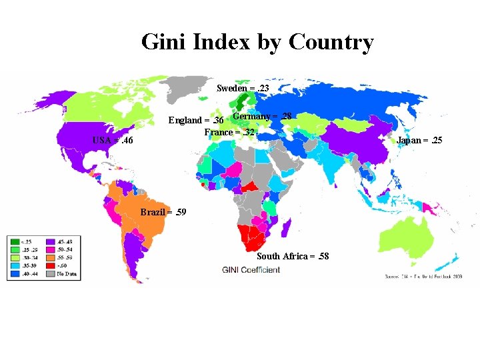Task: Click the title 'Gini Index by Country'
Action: click(257, 43)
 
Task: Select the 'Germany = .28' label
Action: click(262, 117)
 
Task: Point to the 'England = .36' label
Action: click(195, 121)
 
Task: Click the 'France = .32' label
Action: click(229, 132)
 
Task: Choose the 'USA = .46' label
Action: click(113, 141)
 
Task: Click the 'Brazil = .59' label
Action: click(164, 212)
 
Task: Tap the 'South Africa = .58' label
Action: click(293, 256)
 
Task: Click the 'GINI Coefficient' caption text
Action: click(251, 270)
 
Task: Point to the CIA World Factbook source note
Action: click(423, 276)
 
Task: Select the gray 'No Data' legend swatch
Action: click(49, 273)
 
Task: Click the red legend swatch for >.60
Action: click(49, 265)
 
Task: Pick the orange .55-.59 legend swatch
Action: click(49, 257)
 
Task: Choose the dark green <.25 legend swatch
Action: click(14, 241)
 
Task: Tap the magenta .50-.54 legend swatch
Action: click(49, 249)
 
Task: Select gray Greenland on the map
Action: click(183, 87)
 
